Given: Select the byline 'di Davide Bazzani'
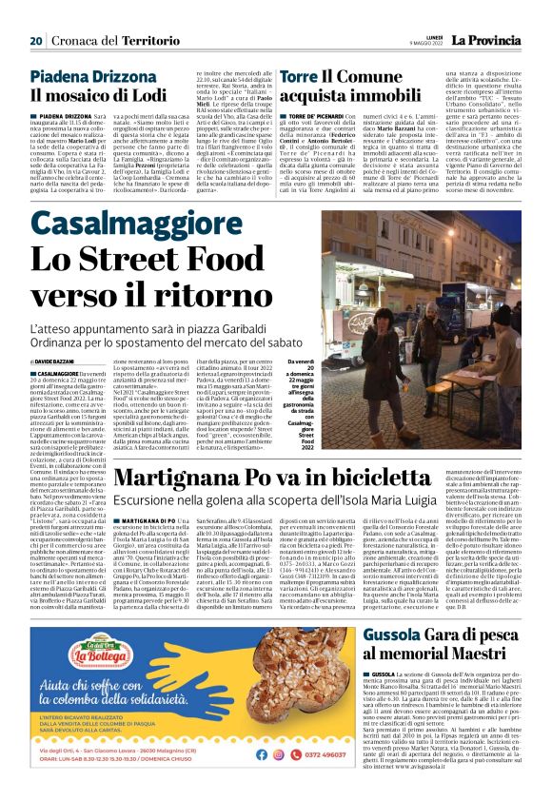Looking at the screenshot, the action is pyautogui.click(x=57, y=337).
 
